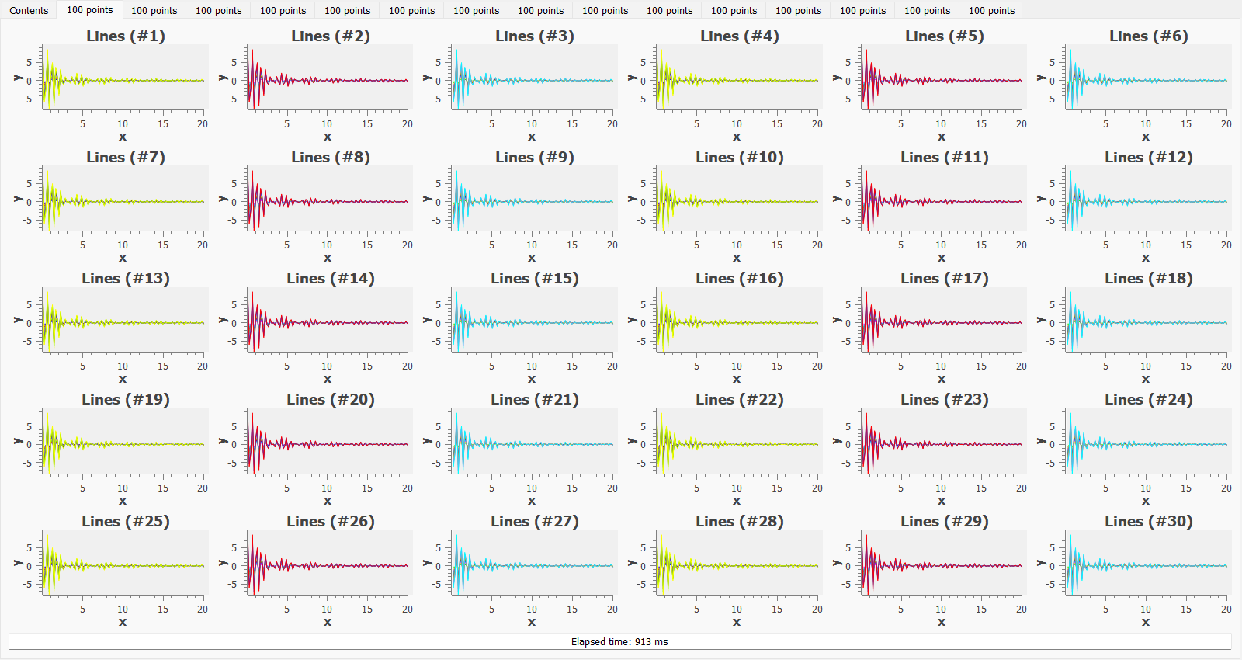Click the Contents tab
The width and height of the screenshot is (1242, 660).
pyautogui.click(x=29, y=11)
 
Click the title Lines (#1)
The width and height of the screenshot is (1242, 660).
pyautogui.click(x=126, y=36)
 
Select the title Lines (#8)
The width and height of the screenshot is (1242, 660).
pyautogui.click(x=331, y=158)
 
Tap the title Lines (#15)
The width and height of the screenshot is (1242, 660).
pyautogui.click(x=535, y=279)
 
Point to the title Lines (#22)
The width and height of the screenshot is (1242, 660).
pyautogui.click(x=740, y=400)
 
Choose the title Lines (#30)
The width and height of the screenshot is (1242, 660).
pyautogui.click(x=1149, y=522)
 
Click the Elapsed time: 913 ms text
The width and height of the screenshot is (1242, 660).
pyautogui.click(x=619, y=642)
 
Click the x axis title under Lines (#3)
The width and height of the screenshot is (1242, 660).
pyautogui.click(x=532, y=137)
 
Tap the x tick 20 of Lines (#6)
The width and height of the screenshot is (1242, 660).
pyautogui.click(x=1226, y=124)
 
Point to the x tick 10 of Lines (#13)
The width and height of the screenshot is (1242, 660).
pyautogui.click(x=123, y=366)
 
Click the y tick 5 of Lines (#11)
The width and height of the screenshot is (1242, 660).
pyautogui.click(x=848, y=184)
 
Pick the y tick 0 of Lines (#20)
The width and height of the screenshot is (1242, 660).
pyautogui.click(x=234, y=445)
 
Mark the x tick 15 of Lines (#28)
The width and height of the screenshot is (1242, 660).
pyautogui.click(x=777, y=610)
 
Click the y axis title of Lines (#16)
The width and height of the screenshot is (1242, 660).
pyautogui.click(x=632, y=320)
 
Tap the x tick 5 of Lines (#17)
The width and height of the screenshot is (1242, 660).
pyautogui.click(x=900, y=366)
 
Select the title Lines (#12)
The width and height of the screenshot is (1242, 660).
pyautogui.click(x=1149, y=158)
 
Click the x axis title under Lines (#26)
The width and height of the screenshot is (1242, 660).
pyautogui.click(x=328, y=622)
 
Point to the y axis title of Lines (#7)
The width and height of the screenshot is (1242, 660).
pyautogui.click(x=18, y=199)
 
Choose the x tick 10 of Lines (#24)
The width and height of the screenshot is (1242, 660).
pyautogui.click(x=1146, y=488)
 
